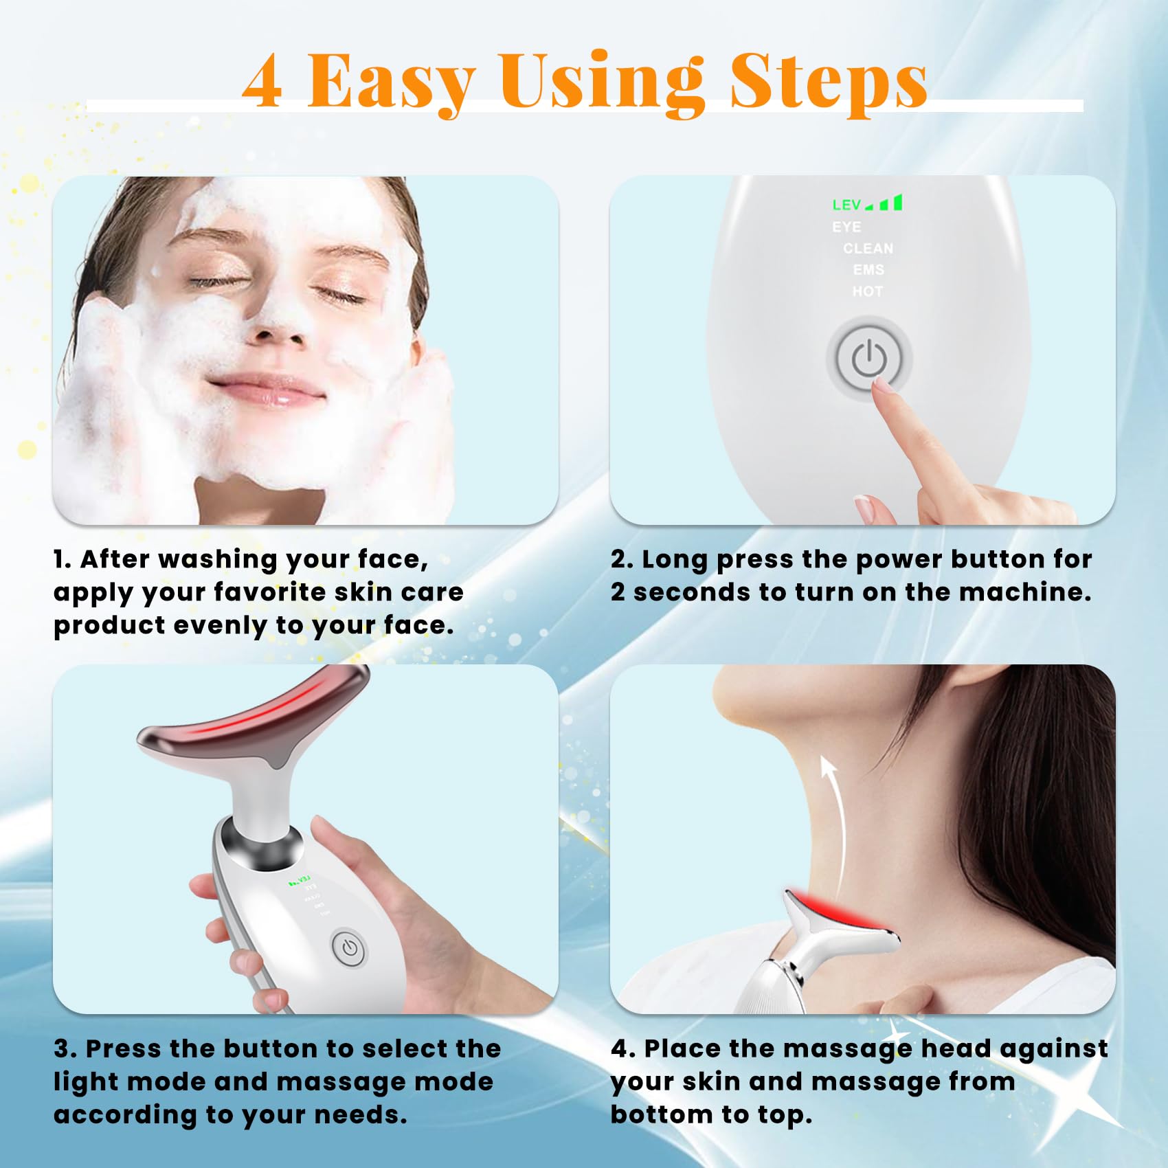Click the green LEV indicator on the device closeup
tap(867, 203)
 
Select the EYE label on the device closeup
tap(846, 227)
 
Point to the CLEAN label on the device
tap(868, 248)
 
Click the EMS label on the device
tap(868, 269)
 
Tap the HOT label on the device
tap(867, 291)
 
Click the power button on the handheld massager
tap(350, 948)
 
